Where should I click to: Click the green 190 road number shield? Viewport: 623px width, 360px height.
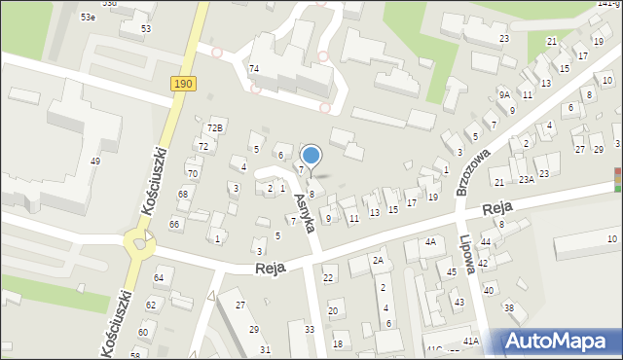184,85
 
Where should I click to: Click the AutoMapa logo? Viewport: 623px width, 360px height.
559,342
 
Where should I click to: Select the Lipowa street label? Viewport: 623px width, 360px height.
469,256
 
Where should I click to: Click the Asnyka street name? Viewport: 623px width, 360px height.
304,212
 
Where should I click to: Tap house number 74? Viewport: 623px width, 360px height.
254,68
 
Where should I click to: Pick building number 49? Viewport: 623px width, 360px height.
95,161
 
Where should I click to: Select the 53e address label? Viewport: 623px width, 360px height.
89,18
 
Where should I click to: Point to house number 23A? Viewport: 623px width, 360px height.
527,180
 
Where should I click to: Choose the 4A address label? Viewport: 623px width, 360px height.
430,241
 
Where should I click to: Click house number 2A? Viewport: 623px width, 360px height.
379,261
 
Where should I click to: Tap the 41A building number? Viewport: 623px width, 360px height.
471,342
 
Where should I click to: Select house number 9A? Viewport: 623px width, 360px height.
504,94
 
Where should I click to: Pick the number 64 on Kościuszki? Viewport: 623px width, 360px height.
159,279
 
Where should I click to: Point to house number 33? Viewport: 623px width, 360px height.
310,330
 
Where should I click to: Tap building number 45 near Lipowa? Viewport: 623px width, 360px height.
452,272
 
